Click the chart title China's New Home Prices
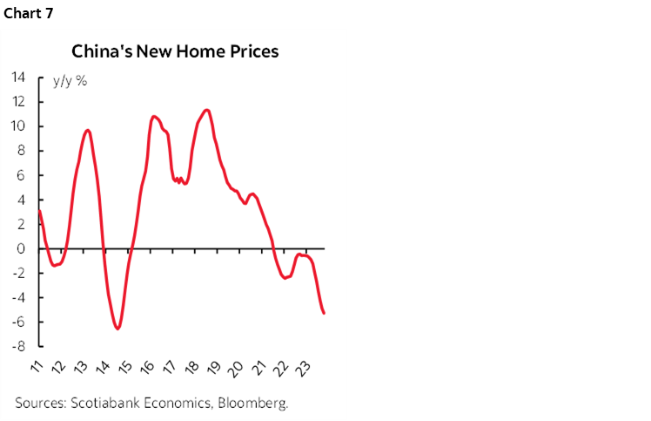pyautogui.click(x=175, y=51)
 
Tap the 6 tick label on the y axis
pyautogui.click(x=20, y=175)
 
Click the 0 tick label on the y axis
pyautogui.click(x=20, y=248)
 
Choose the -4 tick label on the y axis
pyautogui.click(x=17, y=297)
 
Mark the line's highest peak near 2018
pyautogui.click(x=205, y=110)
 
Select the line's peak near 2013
pyautogui.click(x=87, y=130)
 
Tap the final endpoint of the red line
pyautogui.click(x=325, y=314)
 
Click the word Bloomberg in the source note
pyautogui.click(x=255, y=404)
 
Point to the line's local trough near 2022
pyautogui.click(x=285, y=277)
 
